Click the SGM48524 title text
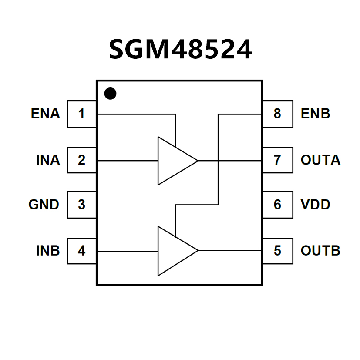click(x=180, y=49)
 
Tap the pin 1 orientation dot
click(x=111, y=93)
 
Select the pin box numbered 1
click(x=81, y=114)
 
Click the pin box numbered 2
click(x=81, y=160)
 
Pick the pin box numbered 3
click(x=81, y=204)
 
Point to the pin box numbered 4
click(x=81, y=251)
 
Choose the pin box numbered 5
click(x=277, y=251)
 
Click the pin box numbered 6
click(x=277, y=204)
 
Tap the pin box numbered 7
click(x=277, y=160)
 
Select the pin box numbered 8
click(x=277, y=114)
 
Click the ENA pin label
click(x=45, y=114)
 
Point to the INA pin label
click(x=48, y=160)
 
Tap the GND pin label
click(x=44, y=204)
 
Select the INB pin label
click(x=48, y=251)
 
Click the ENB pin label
click(x=316, y=114)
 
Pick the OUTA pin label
click(x=320, y=160)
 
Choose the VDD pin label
click(x=316, y=204)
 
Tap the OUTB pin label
click(x=320, y=251)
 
